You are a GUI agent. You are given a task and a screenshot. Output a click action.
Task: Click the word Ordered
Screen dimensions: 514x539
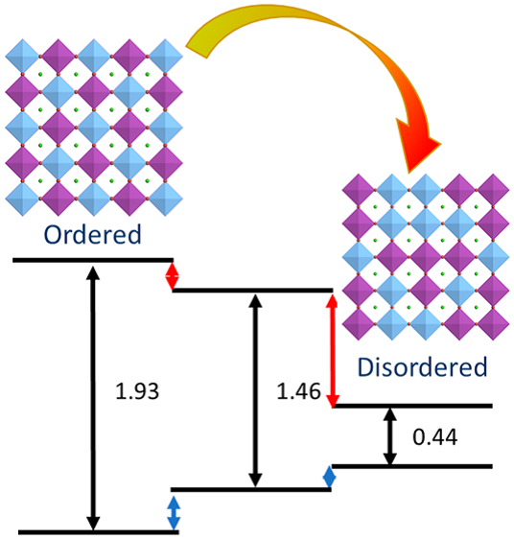tap(92, 234)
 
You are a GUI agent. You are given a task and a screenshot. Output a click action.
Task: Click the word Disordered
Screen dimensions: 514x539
tap(423, 366)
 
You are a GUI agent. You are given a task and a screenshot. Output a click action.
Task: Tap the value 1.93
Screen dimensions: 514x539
tap(137, 391)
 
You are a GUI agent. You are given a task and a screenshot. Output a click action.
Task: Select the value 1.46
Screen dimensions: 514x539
tap(298, 391)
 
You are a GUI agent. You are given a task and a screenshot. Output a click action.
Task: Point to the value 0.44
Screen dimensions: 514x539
tap(435, 437)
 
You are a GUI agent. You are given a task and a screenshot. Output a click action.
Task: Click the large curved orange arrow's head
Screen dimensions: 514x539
tap(417, 145)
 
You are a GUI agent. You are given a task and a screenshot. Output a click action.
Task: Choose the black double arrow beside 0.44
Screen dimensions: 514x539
tap(390, 436)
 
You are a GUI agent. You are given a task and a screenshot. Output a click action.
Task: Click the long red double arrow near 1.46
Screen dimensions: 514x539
tap(332, 350)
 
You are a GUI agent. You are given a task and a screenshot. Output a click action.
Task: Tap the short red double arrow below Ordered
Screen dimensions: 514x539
tap(172, 276)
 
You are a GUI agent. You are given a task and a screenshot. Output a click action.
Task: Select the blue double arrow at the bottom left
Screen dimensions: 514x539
tap(174, 513)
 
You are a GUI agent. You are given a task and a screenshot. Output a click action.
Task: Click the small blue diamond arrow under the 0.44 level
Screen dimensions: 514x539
tap(329, 477)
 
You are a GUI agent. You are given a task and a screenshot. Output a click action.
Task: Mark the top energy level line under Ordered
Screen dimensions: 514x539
tap(93, 260)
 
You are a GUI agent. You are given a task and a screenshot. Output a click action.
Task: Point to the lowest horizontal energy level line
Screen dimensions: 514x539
tap(99, 532)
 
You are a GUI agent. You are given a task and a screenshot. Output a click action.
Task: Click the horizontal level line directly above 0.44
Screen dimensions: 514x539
tap(412, 406)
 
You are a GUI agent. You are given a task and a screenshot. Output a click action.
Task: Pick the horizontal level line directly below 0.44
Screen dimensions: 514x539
tap(412, 466)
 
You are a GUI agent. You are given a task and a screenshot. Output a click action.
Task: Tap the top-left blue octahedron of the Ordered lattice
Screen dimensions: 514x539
tap(23, 56)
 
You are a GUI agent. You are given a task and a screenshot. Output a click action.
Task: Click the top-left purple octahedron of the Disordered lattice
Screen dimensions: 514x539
tap(359, 190)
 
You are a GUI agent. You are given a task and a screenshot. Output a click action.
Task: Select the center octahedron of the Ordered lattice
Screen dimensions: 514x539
tap(94, 128)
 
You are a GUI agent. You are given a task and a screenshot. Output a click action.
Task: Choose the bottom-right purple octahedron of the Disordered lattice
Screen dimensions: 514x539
tap(493, 324)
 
